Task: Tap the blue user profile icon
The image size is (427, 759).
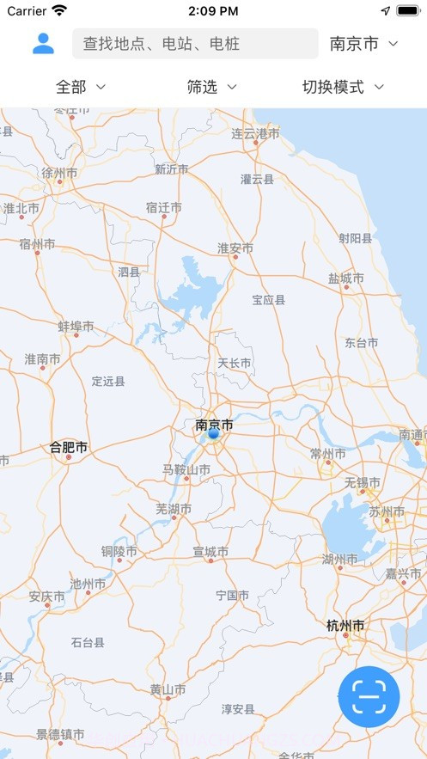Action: tap(43, 43)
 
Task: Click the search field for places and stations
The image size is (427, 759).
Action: tap(196, 44)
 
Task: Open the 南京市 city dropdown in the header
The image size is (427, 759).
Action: tap(364, 44)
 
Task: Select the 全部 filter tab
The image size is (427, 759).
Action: tap(81, 87)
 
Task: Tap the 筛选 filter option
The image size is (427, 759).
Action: tap(211, 87)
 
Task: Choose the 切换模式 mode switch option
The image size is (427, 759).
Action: tap(342, 87)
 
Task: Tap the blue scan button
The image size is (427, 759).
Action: tap(369, 696)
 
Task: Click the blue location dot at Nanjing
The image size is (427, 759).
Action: tap(214, 434)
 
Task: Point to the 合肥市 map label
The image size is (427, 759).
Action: tap(69, 447)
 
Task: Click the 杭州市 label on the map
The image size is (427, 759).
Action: tap(345, 626)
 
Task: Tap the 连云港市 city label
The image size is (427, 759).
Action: tap(255, 134)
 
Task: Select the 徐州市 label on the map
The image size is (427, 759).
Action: tap(59, 173)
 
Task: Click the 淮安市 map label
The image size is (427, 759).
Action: tap(235, 248)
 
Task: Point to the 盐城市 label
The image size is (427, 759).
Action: tap(345, 279)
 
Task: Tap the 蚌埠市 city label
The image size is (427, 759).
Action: tap(76, 327)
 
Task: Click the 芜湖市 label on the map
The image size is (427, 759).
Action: tap(174, 509)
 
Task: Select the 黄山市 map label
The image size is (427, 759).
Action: tap(168, 689)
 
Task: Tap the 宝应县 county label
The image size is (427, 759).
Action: tap(268, 300)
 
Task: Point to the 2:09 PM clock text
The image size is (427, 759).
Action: tap(212, 11)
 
